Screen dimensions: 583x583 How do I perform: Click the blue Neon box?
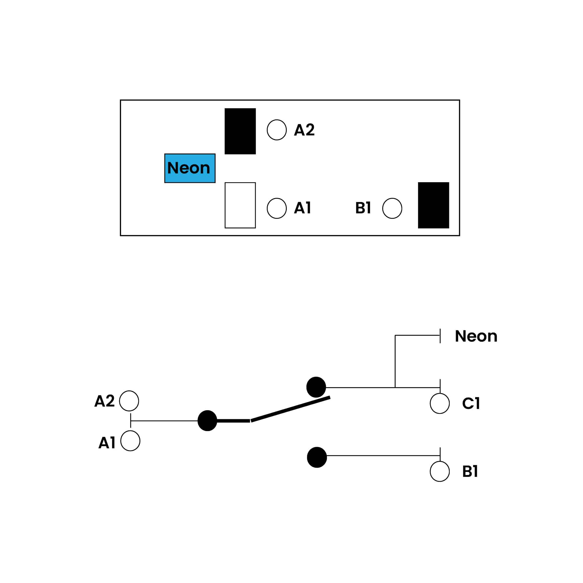click(190, 168)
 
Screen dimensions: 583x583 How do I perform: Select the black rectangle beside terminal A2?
click(240, 131)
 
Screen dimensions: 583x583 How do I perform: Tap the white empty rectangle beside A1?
click(240, 205)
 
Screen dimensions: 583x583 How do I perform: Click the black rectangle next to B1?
click(433, 205)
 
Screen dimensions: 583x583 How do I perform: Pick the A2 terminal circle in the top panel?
click(277, 130)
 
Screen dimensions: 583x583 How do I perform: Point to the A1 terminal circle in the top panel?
click(277, 208)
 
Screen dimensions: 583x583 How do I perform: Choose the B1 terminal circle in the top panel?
click(392, 208)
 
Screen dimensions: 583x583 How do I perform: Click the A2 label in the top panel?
click(304, 130)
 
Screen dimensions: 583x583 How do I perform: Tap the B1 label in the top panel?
click(363, 208)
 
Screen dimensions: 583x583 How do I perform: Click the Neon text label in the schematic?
click(476, 336)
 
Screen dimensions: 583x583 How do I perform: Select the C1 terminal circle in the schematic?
click(440, 403)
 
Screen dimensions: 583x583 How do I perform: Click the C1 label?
click(471, 403)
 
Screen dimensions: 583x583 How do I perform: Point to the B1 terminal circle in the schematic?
click(440, 471)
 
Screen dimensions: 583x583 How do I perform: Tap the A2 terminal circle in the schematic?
click(129, 401)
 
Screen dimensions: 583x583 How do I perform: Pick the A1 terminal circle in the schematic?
click(130, 441)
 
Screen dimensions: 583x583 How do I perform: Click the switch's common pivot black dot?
click(207, 421)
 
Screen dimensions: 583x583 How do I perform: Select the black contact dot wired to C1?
click(316, 387)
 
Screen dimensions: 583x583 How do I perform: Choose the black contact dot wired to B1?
click(317, 457)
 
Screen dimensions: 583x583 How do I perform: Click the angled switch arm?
click(290, 409)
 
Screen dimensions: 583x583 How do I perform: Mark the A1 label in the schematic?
click(107, 443)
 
